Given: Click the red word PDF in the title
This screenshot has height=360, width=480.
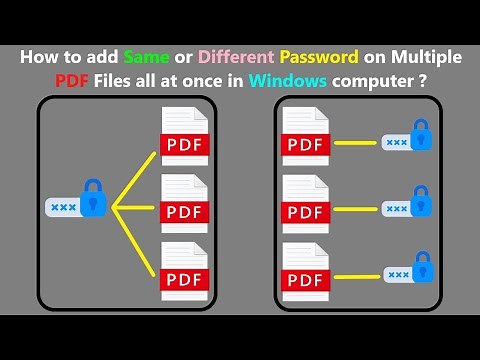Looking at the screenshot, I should (x=79, y=81).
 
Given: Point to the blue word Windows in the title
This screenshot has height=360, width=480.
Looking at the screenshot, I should (x=293, y=81).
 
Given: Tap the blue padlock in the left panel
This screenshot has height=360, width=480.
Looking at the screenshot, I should (x=93, y=198).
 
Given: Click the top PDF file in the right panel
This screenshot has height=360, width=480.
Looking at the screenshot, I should (x=306, y=140).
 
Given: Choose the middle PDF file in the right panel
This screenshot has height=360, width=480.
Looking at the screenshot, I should (x=306, y=206).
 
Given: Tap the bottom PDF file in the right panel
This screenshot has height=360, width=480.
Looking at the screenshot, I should (x=306, y=271).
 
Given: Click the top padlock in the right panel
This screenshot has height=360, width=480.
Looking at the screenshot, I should (x=421, y=134).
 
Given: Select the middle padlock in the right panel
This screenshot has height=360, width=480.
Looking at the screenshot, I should (x=421, y=201).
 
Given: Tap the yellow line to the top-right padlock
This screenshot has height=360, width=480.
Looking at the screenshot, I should (x=356, y=142).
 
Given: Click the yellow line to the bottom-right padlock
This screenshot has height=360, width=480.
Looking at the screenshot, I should (x=356, y=273).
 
